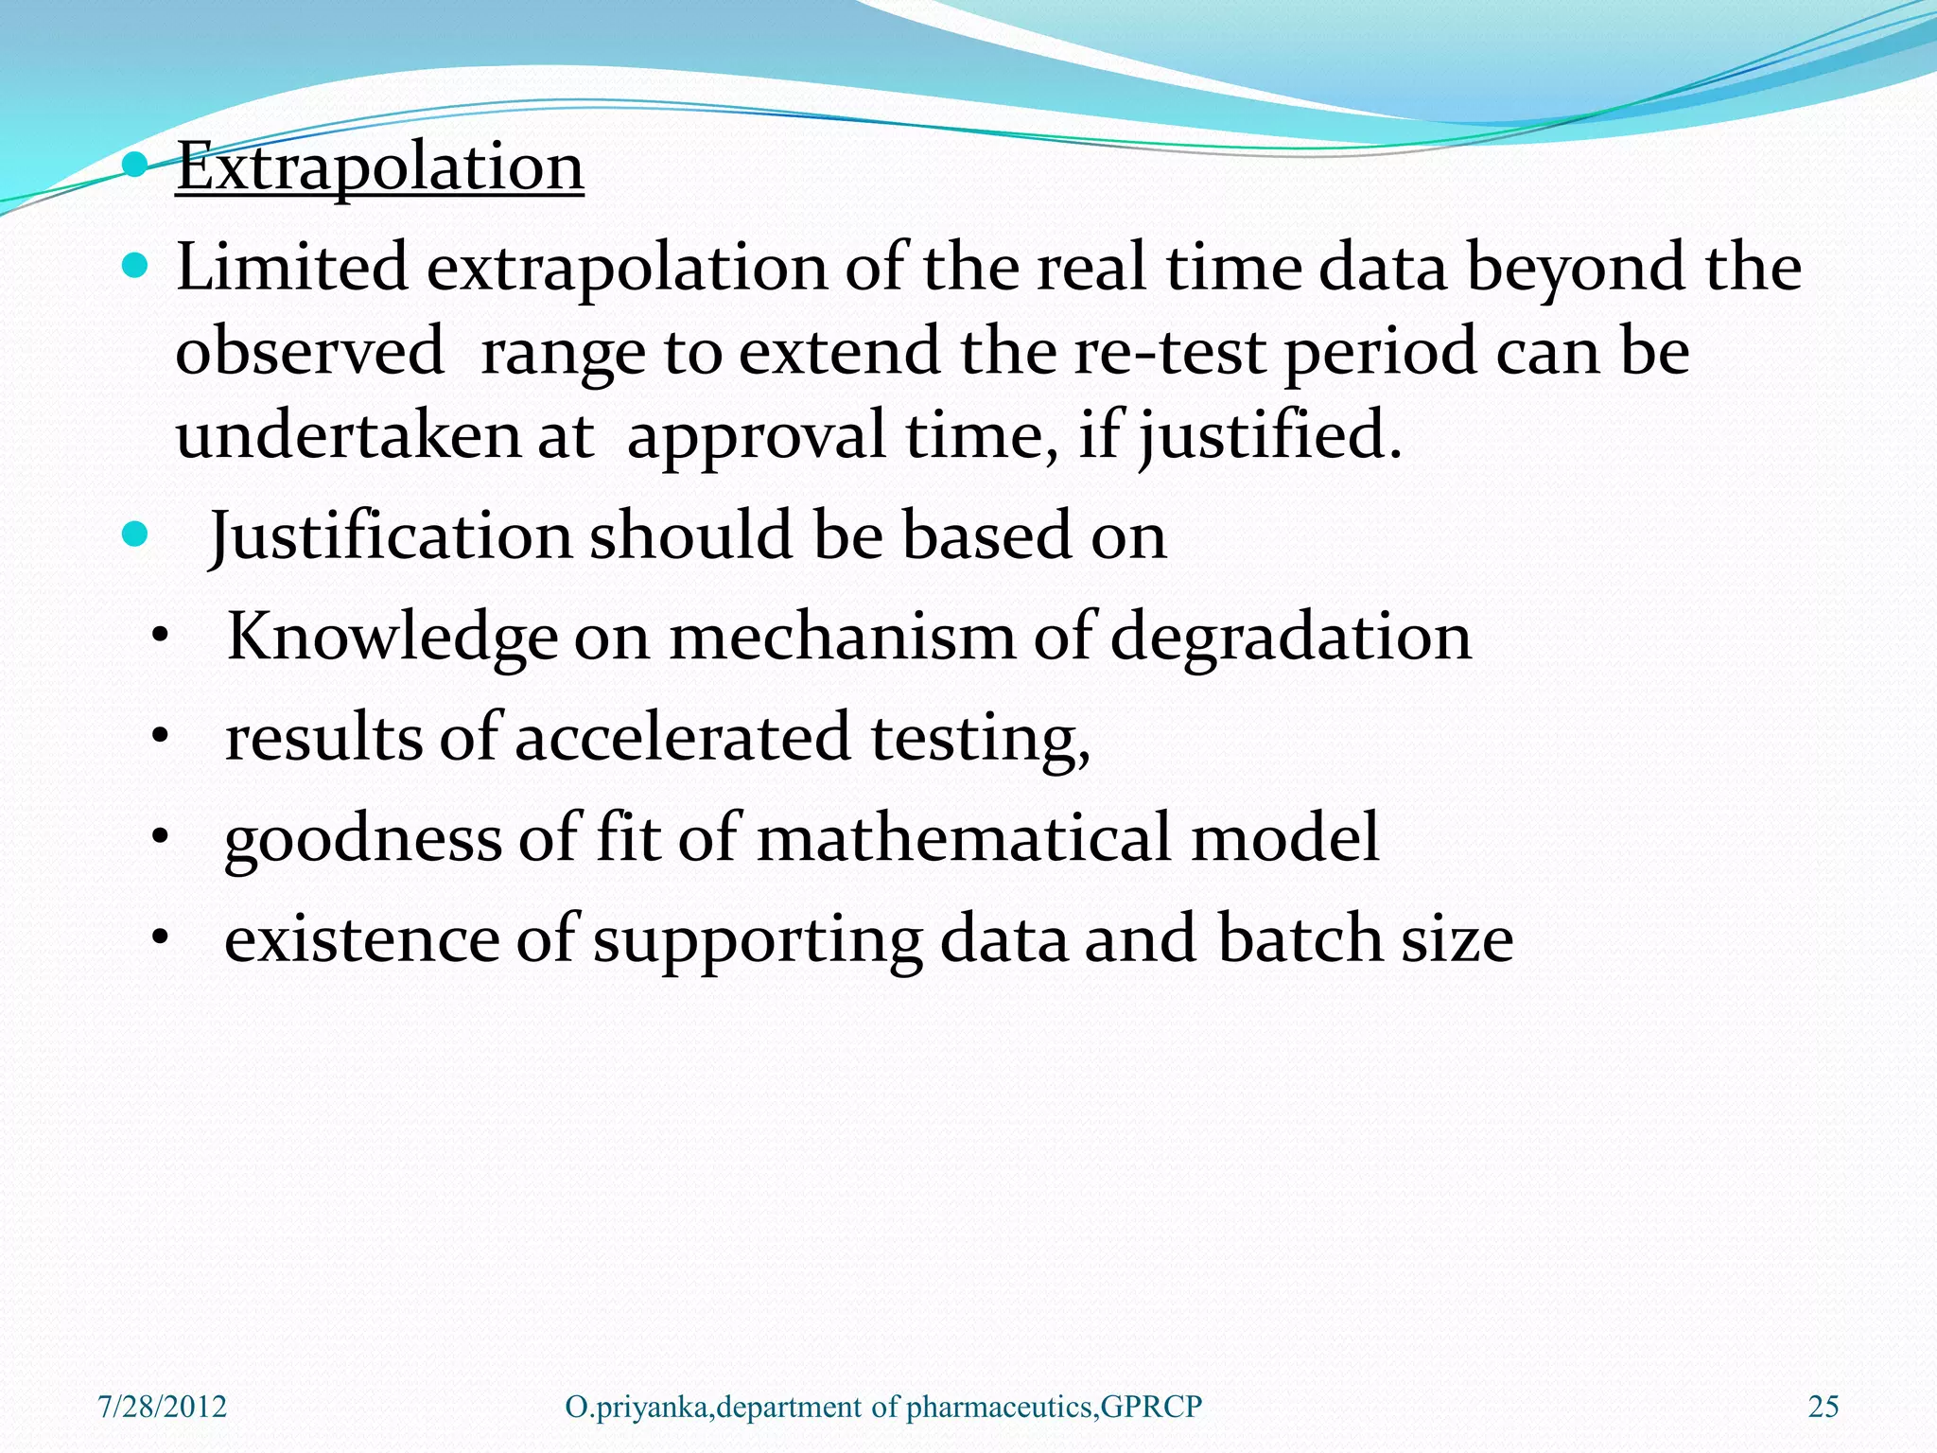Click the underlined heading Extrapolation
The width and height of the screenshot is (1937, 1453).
(x=379, y=167)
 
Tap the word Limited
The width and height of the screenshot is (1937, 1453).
(x=291, y=268)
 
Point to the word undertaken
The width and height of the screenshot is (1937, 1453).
(x=347, y=436)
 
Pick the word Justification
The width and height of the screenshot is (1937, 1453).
(x=390, y=536)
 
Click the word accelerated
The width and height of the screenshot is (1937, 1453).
(x=682, y=739)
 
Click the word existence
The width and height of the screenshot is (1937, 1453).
(x=360, y=939)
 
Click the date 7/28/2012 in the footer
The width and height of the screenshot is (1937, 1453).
(x=163, y=1407)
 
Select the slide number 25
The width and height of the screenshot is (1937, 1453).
(x=1823, y=1407)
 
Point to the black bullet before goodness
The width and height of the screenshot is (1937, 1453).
(x=161, y=838)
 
